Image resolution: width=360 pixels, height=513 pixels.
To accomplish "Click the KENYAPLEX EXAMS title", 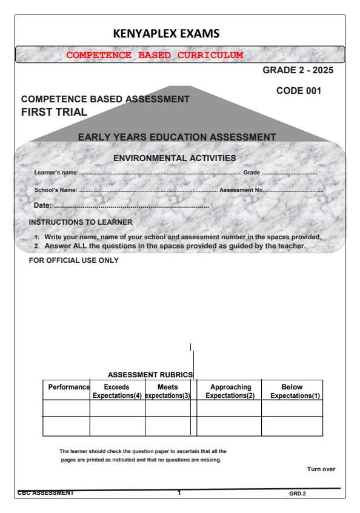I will [x=179, y=32].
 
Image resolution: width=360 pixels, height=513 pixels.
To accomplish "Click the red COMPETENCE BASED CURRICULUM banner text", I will [x=155, y=55].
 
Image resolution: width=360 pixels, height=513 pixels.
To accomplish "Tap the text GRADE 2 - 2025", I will [x=298, y=71].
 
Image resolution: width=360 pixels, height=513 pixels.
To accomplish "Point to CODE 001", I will [x=298, y=91].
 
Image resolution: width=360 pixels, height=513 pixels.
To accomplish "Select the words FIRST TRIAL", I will [x=54, y=111].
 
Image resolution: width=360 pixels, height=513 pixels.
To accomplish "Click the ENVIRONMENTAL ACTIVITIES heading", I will [x=175, y=159].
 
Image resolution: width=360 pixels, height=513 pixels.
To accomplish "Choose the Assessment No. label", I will [x=241, y=191].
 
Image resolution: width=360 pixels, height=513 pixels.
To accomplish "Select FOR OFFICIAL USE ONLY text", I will [x=74, y=261].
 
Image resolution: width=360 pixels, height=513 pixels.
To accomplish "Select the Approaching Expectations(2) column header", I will [x=229, y=391].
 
